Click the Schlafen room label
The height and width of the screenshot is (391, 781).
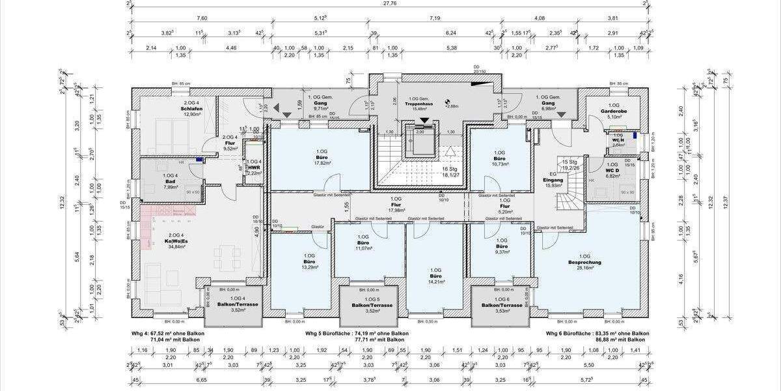[191, 109]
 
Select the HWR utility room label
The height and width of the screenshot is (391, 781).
[254, 167]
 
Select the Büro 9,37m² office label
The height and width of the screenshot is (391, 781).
[501, 248]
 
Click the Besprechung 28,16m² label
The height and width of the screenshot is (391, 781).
[584, 262]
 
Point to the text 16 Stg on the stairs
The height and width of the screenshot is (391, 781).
[447, 169]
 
